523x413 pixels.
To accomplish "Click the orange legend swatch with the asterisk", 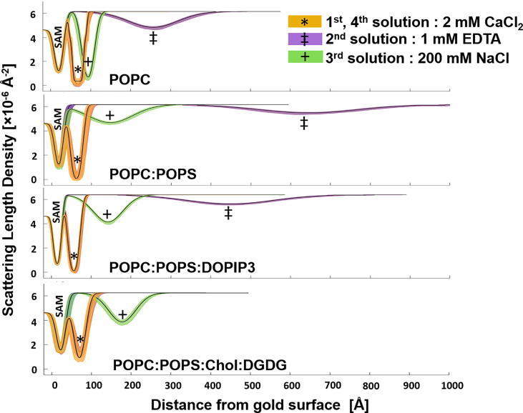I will click(304, 22).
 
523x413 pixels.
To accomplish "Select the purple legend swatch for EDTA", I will click(304, 41).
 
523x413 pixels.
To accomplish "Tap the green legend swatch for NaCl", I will click(304, 59).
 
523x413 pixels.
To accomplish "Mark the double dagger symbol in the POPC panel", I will click(153, 38).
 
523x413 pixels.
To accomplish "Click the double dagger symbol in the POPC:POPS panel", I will click(304, 124).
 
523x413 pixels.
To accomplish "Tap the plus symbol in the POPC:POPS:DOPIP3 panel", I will click(107, 214).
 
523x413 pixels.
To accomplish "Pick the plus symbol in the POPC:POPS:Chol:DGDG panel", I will click(123, 314).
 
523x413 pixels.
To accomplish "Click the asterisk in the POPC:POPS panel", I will click(77, 160).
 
